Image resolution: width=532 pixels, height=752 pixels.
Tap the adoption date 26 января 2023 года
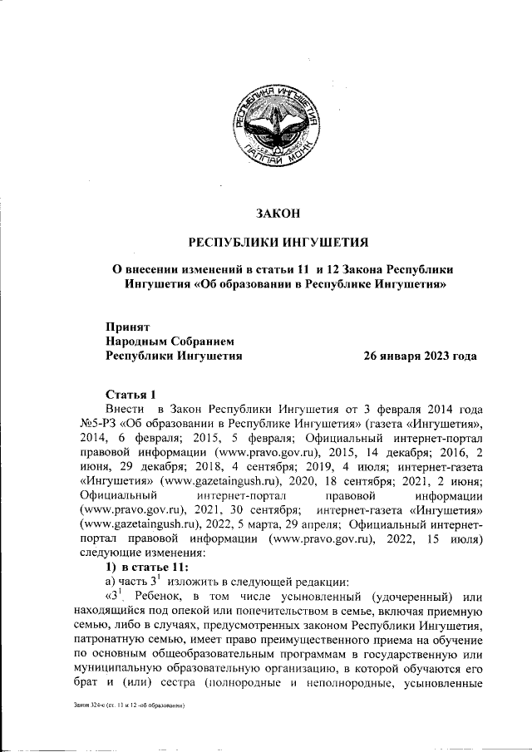[x=420, y=356]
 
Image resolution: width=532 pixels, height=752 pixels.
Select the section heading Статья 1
[x=131, y=394]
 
